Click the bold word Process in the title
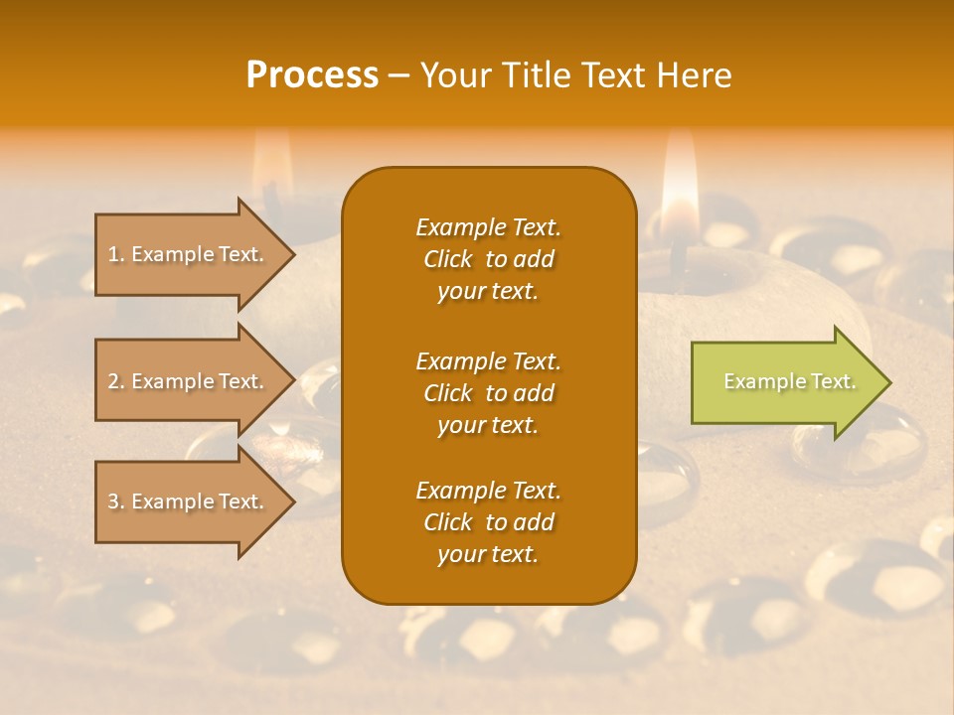point(312,75)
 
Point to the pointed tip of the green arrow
point(889,382)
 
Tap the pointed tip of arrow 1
point(294,254)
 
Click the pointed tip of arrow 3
point(294,501)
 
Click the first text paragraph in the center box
point(488,259)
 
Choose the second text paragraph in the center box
point(488,393)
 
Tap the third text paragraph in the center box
point(488,522)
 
